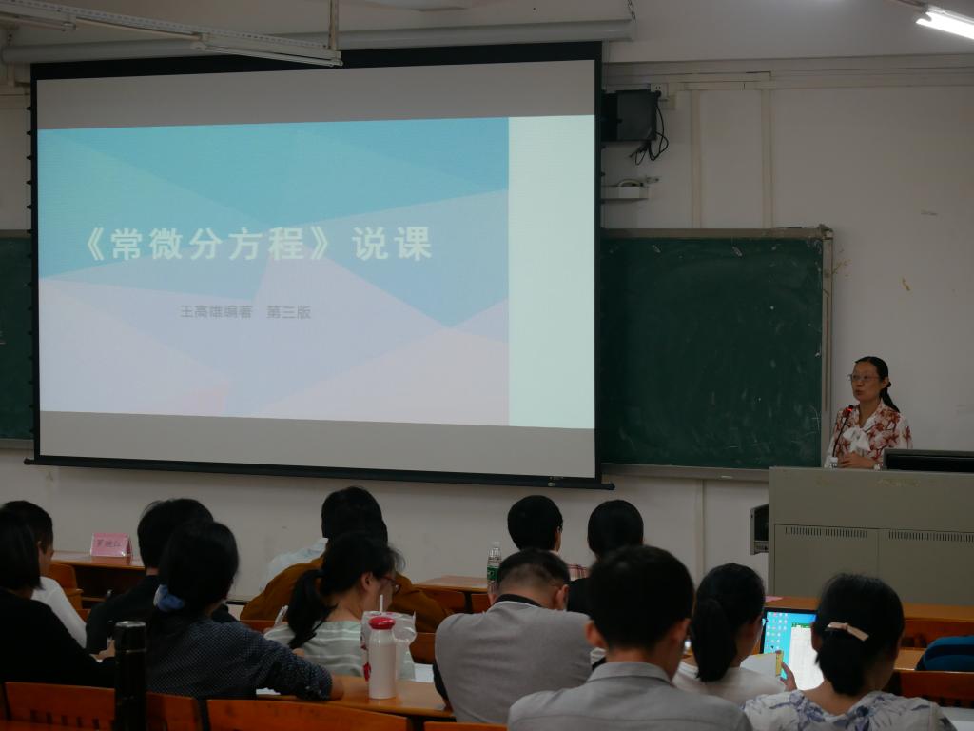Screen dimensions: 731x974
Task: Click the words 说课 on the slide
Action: [x=392, y=245]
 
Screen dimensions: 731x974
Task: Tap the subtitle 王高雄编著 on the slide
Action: [x=216, y=311]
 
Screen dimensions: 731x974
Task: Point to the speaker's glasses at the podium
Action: [x=864, y=378]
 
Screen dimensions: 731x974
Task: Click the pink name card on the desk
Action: [x=109, y=543]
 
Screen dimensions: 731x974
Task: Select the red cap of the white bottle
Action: [x=381, y=623]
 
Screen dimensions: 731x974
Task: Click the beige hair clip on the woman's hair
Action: [x=847, y=630]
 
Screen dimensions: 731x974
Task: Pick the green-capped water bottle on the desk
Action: [x=494, y=563]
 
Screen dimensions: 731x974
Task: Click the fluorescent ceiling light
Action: [x=945, y=22]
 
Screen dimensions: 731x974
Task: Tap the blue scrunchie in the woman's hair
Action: [x=168, y=600]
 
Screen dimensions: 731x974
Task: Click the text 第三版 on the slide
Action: [x=289, y=311]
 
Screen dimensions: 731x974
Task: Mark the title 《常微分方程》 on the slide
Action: [x=206, y=246]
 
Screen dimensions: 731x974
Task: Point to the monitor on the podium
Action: [x=928, y=460]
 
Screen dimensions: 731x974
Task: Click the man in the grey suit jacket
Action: [x=514, y=647]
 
